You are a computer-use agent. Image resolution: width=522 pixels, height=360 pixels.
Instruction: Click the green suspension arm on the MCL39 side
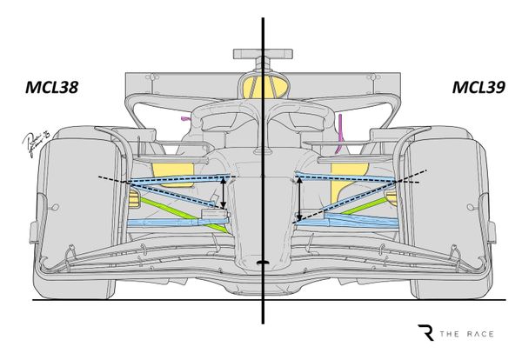click(352, 207)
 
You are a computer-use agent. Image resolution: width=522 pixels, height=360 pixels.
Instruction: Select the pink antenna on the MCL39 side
click(342, 126)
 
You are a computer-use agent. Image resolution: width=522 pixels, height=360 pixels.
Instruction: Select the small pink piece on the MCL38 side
click(184, 117)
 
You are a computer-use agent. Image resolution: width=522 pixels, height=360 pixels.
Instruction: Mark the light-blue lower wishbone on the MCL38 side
click(170, 224)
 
